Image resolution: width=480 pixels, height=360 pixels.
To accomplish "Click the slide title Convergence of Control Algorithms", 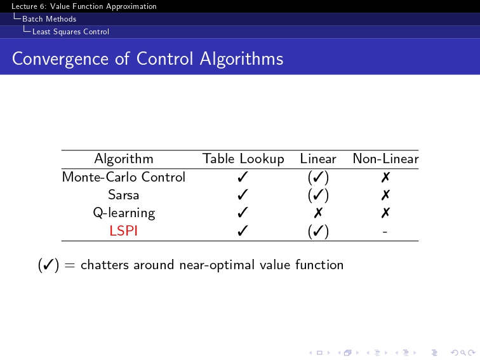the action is point(147,59).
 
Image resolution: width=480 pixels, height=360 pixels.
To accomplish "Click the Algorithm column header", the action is point(124,159).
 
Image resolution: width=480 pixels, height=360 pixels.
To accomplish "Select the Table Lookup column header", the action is point(243,159).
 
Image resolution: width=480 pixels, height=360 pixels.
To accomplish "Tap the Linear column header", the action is point(318,159).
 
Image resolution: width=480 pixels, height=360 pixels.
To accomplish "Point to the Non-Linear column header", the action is point(385,159).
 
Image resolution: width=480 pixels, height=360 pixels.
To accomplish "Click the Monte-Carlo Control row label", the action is point(124,177).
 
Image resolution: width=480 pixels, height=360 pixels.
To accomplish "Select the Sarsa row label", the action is point(124,195).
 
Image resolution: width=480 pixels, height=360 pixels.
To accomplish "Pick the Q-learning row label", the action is point(124,213).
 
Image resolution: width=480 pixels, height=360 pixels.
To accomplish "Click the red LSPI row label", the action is point(123,230).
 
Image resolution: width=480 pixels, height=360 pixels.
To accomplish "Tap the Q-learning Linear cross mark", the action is point(318,213).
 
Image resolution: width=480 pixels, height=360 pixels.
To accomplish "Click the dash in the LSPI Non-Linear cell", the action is point(385,232).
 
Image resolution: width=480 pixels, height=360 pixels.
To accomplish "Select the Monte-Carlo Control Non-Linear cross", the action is point(386,177).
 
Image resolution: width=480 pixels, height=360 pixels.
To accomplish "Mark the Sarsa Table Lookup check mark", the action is point(243,195).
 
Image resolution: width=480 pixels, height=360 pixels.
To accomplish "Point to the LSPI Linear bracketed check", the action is point(318,231).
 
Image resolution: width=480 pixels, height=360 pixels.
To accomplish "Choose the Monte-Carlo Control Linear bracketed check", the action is point(318,177).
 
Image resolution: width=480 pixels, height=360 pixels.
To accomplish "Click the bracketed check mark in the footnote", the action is point(48,265).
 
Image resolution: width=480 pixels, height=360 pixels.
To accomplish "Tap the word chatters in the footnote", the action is point(105,265).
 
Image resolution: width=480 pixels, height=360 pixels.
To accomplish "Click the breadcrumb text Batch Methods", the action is point(50,19).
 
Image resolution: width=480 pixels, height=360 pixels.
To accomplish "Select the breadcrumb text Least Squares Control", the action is point(70,32).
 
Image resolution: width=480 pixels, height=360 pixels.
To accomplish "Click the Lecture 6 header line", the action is point(84,6).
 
